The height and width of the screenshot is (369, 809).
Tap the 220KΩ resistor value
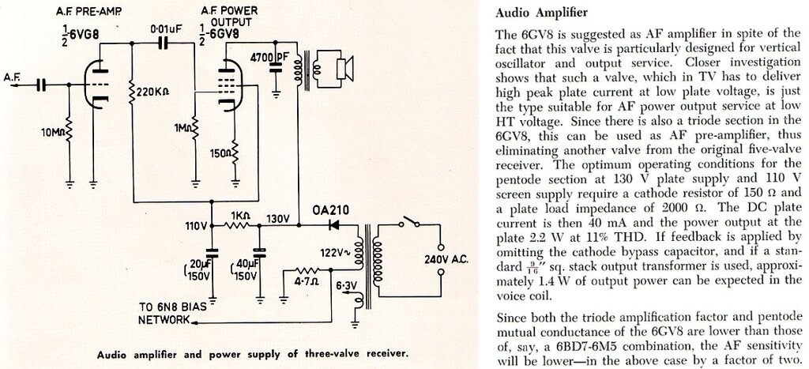point(154,91)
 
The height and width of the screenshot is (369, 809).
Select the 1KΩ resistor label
point(239,215)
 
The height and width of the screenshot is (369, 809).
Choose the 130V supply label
point(279,217)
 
